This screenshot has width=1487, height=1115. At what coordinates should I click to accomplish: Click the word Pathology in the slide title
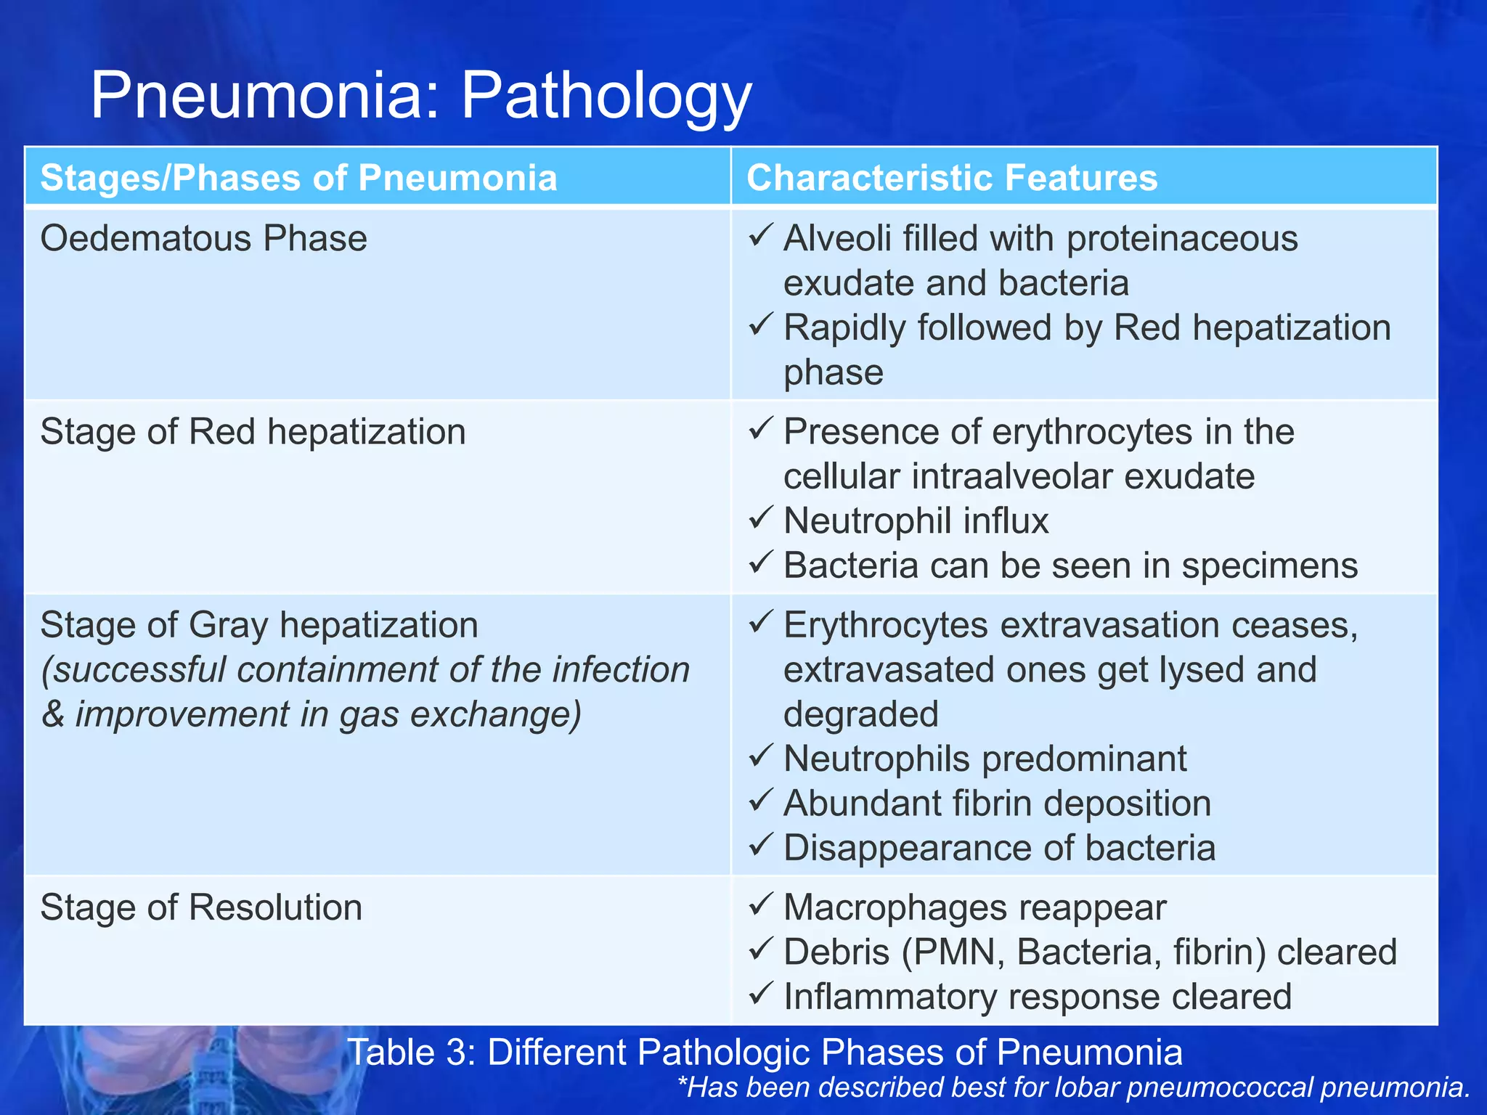point(606,97)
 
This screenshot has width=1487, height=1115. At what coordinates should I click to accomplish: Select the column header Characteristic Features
point(952,178)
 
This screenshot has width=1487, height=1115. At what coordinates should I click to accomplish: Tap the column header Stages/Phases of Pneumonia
point(298,178)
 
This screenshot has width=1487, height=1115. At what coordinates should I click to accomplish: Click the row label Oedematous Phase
point(203,239)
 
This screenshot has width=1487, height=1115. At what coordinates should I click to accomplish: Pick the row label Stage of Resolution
point(201,907)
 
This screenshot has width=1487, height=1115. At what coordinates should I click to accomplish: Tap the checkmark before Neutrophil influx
point(759,518)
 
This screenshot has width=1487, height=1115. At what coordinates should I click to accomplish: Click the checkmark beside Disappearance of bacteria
point(759,845)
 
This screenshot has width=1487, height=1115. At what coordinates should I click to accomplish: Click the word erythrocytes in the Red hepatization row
point(1092,433)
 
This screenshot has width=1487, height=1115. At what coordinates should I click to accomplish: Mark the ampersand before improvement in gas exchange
point(53,715)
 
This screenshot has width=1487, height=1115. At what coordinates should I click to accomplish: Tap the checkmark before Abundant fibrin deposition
point(759,801)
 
